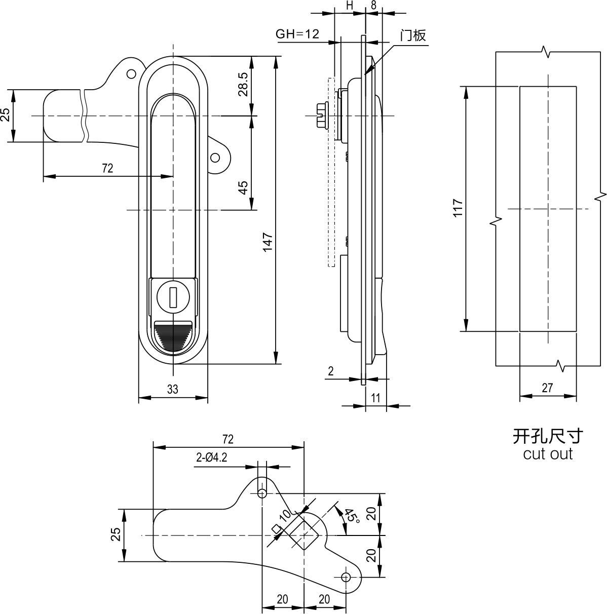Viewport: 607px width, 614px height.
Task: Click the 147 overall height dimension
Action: pyautogui.click(x=268, y=242)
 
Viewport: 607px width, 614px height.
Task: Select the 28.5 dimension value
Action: pyautogui.click(x=243, y=85)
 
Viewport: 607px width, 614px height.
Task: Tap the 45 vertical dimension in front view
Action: pyautogui.click(x=243, y=187)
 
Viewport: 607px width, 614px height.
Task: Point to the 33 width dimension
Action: pyautogui.click(x=172, y=389)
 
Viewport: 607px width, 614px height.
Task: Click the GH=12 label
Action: pyautogui.click(x=297, y=34)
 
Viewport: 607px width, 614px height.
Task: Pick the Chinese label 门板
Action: pyautogui.click(x=413, y=35)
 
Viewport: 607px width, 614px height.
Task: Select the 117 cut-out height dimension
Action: pyautogui.click(x=458, y=208)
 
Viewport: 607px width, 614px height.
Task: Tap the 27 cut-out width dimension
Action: pyautogui.click(x=547, y=388)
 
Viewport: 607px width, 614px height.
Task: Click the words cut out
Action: pyautogui.click(x=548, y=454)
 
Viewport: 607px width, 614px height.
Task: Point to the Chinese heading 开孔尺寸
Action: pyautogui.click(x=548, y=436)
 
